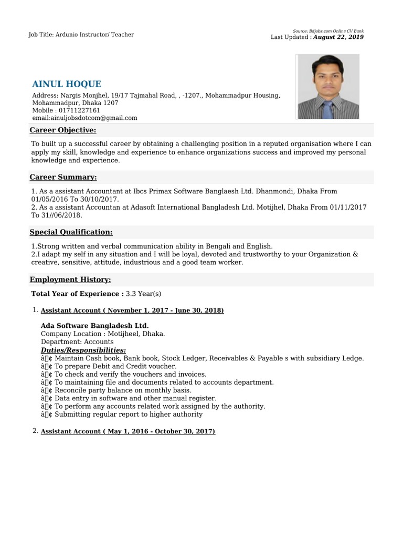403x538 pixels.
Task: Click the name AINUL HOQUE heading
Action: click(x=67, y=84)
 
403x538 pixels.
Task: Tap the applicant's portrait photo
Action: click(x=328, y=87)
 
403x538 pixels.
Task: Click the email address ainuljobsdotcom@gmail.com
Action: click(x=84, y=118)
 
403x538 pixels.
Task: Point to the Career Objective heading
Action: click(x=63, y=130)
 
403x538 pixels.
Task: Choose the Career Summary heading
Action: click(x=63, y=178)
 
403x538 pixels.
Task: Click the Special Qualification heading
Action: click(x=71, y=232)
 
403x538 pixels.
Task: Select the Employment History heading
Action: click(x=70, y=280)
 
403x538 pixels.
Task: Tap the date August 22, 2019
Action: click(x=338, y=37)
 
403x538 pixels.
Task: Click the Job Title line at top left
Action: click(x=81, y=35)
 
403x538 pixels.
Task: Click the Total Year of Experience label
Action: click(x=77, y=294)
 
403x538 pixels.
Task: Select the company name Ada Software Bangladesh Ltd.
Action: click(x=94, y=326)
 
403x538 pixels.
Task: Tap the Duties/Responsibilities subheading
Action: click(x=83, y=350)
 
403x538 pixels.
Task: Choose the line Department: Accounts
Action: click(x=77, y=342)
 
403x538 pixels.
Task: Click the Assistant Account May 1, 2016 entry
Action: click(x=128, y=431)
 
